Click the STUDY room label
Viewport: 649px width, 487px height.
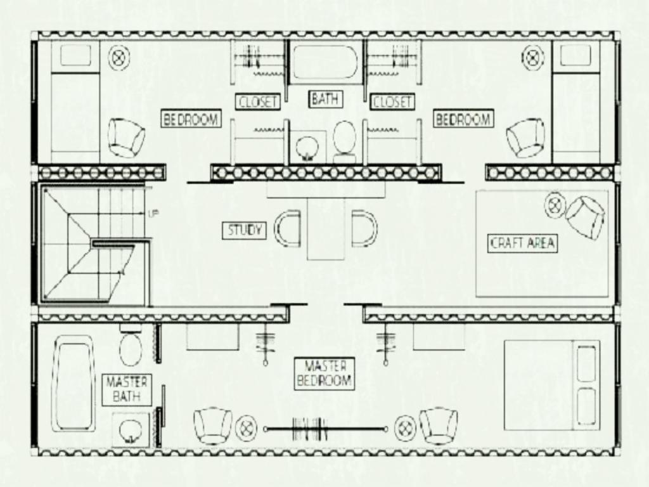click(x=244, y=230)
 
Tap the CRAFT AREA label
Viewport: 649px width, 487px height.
click(x=522, y=243)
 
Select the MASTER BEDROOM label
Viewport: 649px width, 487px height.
click(x=324, y=373)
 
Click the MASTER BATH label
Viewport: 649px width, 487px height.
click(x=127, y=389)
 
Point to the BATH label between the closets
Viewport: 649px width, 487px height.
click(x=325, y=100)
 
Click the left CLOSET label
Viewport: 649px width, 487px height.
click(x=257, y=102)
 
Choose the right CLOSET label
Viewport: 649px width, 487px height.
click(x=392, y=102)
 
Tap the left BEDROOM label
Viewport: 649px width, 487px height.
click(x=191, y=119)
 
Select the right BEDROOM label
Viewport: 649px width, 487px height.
click(x=463, y=119)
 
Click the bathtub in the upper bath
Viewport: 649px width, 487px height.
click(x=325, y=62)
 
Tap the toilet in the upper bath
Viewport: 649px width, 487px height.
click(x=344, y=141)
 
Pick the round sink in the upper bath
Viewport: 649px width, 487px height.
click(x=307, y=148)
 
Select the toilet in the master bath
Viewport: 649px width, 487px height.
click(x=131, y=346)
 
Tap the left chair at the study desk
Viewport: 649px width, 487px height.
click(x=288, y=228)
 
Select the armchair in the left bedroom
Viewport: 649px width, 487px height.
click(x=126, y=138)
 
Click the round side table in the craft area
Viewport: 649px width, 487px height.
click(x=555, y=205)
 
